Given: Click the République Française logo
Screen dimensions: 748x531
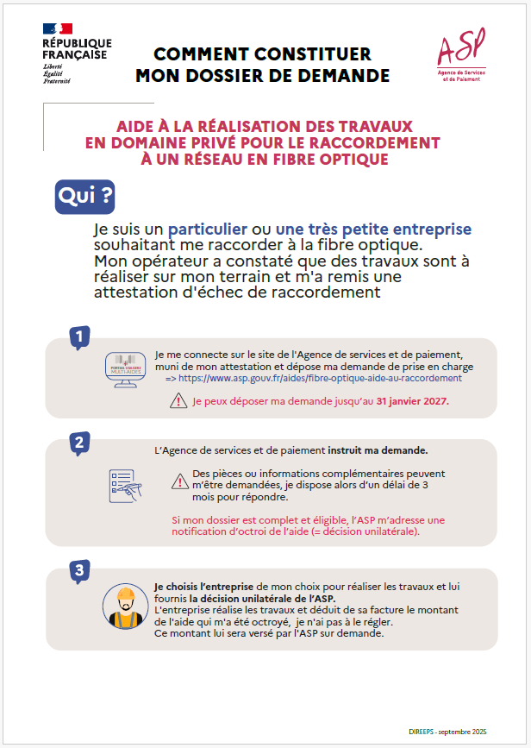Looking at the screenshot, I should (x=76, y=53).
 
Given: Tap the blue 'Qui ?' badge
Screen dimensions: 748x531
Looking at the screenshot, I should (x=84, y=197).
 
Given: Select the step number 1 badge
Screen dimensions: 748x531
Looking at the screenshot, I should (x=79, y=338).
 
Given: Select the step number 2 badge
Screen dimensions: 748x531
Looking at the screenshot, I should (x=79, y=443).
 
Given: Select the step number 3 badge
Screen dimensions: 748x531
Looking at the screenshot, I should (x=79, y=570).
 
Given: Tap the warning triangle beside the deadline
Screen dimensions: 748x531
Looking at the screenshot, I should (x=178, y=400).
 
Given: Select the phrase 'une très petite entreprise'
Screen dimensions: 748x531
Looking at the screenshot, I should (x=373, y=229).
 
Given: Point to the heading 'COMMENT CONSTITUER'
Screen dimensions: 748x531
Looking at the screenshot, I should (x=262, y=54).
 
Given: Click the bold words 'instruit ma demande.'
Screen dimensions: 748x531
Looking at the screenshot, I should (x=378, y=450).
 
